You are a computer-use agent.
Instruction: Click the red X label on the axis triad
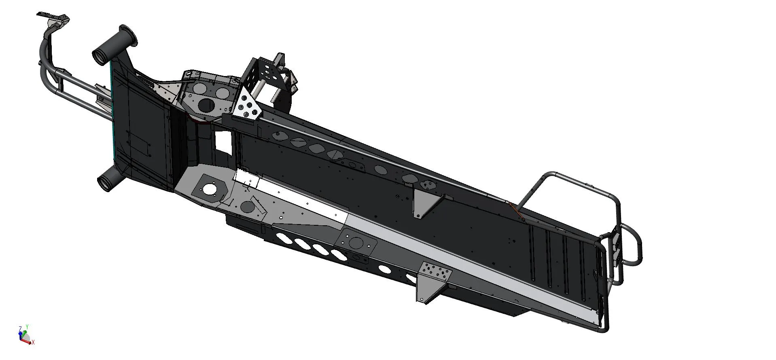pyautogui.click(x=33, y=343)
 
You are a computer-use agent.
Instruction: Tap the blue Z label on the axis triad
pyautogui.click(x=20, y=328)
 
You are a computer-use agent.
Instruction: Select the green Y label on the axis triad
pyautogui.click(x=27, y=326)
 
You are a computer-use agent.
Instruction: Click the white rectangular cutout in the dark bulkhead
pyautogui.click(x=222, y=143)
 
